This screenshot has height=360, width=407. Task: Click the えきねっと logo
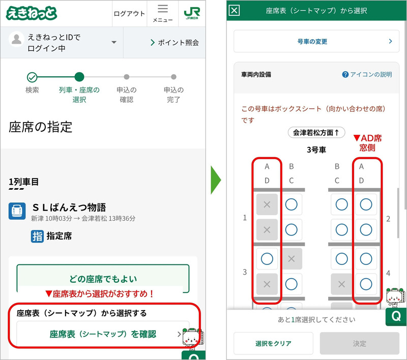pyautogui.click(x=32, y=13)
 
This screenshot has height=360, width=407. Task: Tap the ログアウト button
pyautogui.click(x=129, y=14)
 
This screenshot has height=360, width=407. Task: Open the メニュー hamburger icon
pyautogui.click(x=163, y=13)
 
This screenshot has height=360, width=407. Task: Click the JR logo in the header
pyautogui.click(x=191, y=13)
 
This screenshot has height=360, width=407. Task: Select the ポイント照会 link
pyautogui.click(x=175, y=43)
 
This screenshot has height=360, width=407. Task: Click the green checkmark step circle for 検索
pyautogui.click(x=32, y=77)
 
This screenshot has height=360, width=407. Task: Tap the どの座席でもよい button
pyautogui.click(x=103, y=279)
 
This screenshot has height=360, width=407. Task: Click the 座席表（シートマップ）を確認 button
pyautogui.click(x=103, y=334)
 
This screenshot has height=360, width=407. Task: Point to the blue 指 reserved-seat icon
pyautogui.click(x=37, y=236)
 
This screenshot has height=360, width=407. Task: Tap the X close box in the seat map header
pyautogui.click(x=234, y=10)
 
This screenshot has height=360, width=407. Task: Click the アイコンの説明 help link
pyautogui.click(x=367, y=74)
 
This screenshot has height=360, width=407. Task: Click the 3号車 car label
pyautogui.click(x=316, y=149)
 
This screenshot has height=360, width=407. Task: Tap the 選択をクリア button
pyautogui.click(x=273, y=344)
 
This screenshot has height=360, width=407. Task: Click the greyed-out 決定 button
pyautogui.click(x=360, y=344)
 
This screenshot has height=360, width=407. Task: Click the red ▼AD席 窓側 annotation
pyautogui.click(x=367, y=142)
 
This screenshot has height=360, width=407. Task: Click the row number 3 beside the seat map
pyautogui.click(x=245, y=272)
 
